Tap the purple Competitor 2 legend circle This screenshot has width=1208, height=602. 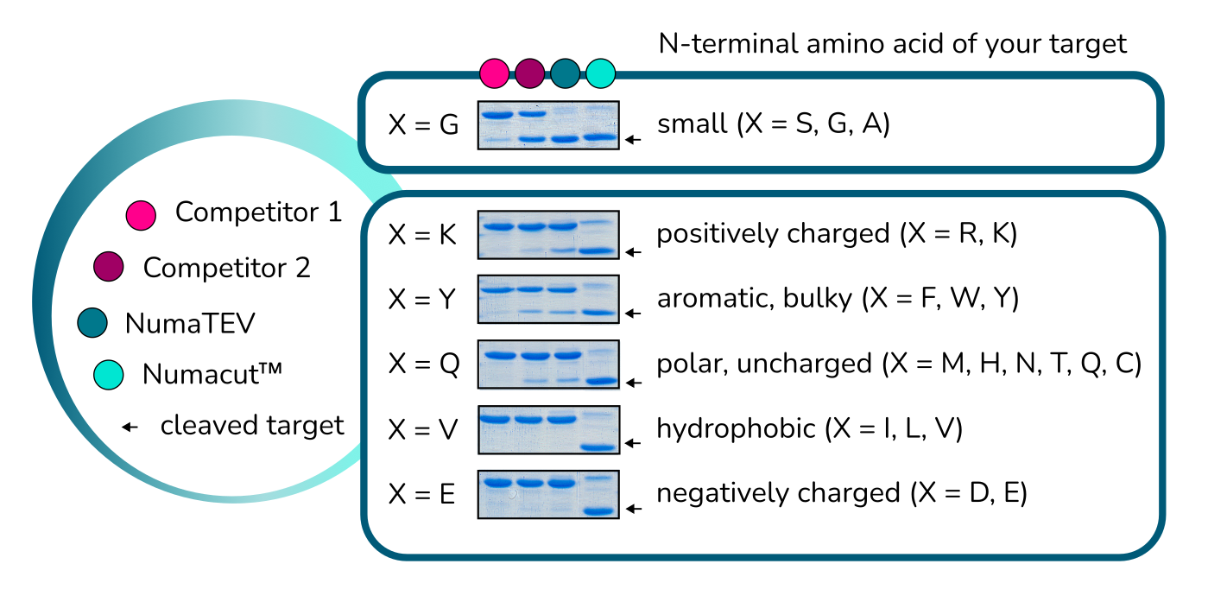[109, 268]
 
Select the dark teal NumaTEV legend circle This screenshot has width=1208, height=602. [92, 323]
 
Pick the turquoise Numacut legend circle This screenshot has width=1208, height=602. [109, 374]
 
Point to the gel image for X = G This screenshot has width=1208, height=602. [548, 126]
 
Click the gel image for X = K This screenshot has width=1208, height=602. [548, 235]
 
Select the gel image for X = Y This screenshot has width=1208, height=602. [548, 299]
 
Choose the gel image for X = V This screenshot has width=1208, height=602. [548, 429]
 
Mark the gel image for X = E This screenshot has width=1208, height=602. [548, 494]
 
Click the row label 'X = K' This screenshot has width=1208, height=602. [422, 235]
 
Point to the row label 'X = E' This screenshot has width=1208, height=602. [422, 495]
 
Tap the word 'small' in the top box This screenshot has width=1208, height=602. [692, 124]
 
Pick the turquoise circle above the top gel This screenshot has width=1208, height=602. [601, 73]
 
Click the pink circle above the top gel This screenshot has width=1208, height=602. [494, 73]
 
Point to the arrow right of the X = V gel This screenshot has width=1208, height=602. [634, 443]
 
